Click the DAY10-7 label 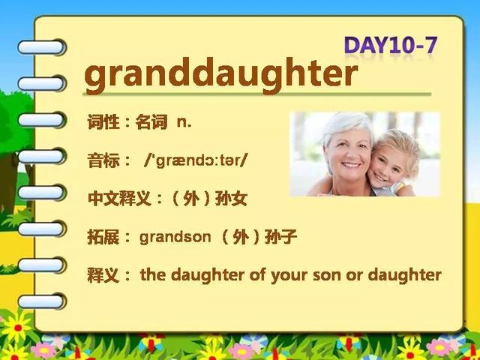391,46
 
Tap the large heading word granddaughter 221,74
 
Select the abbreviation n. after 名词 184,123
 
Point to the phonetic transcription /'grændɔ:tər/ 195,160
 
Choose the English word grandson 175,237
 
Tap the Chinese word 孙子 280,237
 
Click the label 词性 103,122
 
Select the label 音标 103,160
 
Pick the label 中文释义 119,199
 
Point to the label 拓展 103,237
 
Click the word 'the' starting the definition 153,275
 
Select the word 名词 151,122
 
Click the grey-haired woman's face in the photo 348,153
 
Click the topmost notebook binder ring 42,47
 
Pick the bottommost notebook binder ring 42,301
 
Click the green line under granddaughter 256,94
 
